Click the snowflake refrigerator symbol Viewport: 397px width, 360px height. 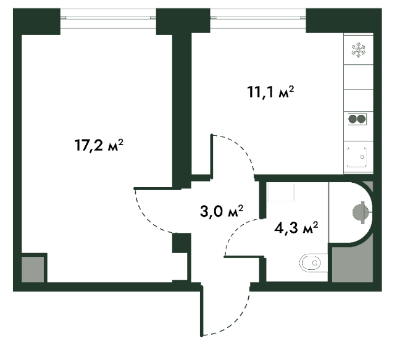tap(358, 50)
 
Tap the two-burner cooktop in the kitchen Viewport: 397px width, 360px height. tap(358, 119)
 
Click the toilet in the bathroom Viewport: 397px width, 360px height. tap(311, 264)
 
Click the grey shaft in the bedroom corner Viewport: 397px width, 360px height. tap(32, 269)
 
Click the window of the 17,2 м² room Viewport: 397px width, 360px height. tap(109, 16)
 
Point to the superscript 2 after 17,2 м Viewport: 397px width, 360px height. tap(122, 141)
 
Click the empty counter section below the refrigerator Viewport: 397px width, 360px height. tap(358, 77)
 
